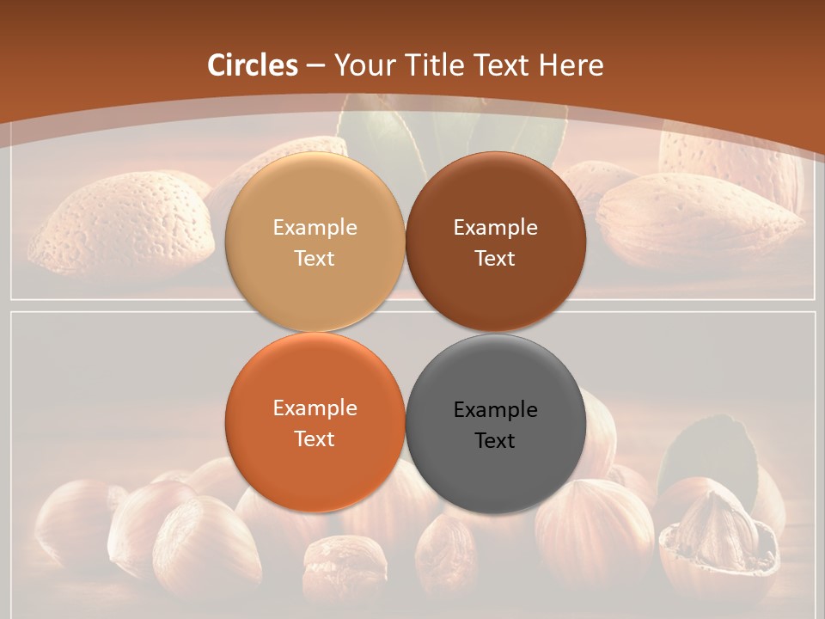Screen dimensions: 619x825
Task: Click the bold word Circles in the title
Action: coord(253,65)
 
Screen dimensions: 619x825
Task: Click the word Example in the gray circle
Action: coord(496,409)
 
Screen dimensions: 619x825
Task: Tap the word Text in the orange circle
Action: coord(315,439)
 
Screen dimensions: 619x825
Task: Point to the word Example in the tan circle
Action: coord(315,228)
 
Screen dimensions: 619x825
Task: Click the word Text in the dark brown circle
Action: coord(496,259)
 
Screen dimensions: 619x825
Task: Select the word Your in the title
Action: coord(361,65)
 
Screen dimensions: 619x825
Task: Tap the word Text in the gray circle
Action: coord(496,441)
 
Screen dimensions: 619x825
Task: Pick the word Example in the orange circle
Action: coord(315,408)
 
